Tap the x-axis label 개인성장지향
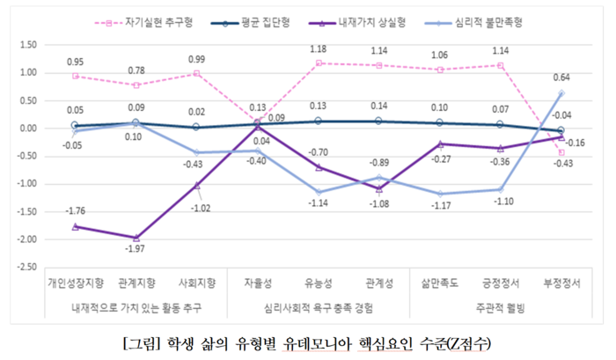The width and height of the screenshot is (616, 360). pyautogui.click(x=76, y=283)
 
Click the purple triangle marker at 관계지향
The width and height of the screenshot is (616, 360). pyautogui.click(x=136, y=238)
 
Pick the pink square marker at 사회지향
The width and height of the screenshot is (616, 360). pyautogui.click(x=196, y=74)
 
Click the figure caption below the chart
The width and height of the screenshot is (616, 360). pyautogui.click(x=308, y=341)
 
